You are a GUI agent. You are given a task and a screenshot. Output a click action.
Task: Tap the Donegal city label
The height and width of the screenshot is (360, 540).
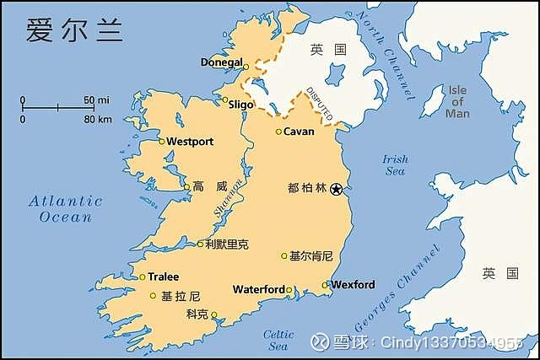(222, 62)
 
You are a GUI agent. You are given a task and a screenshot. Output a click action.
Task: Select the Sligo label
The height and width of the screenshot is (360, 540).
(240, 104)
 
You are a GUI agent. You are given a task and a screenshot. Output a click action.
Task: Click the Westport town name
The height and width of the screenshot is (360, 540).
(190, 141)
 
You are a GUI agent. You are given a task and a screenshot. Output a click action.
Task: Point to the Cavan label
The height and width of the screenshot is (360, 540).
(299, 132)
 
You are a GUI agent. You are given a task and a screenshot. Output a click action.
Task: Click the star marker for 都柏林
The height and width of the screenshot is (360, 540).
(337, 189)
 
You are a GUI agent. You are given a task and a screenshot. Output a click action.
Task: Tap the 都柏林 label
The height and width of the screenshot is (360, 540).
(307, 189)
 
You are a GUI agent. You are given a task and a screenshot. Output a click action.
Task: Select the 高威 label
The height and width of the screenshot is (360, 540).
(210, 186)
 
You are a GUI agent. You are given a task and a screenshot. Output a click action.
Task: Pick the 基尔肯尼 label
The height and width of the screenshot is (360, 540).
(311, 255)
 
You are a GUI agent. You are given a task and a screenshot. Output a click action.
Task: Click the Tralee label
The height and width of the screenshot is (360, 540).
(164, 277)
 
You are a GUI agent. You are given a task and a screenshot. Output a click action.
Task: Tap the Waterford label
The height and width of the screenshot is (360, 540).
(259, 289)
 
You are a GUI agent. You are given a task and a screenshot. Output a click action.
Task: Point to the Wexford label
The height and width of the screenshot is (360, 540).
(353, 285)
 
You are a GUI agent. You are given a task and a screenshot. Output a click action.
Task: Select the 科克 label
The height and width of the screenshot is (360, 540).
(197, 314)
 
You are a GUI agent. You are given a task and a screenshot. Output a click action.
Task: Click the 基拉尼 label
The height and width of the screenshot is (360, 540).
(181, 296)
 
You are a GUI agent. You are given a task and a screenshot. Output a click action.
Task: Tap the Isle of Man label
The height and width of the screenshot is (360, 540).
(457, 101)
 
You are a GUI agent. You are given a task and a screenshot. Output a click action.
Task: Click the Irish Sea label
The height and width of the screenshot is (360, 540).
(395, 164)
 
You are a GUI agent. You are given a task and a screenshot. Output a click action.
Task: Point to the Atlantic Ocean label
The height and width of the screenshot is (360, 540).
(65, 208)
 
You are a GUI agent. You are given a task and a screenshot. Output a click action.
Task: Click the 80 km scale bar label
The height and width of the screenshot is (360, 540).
(98, 119)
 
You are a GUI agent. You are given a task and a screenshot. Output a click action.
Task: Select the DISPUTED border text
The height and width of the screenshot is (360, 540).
(320, 102)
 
